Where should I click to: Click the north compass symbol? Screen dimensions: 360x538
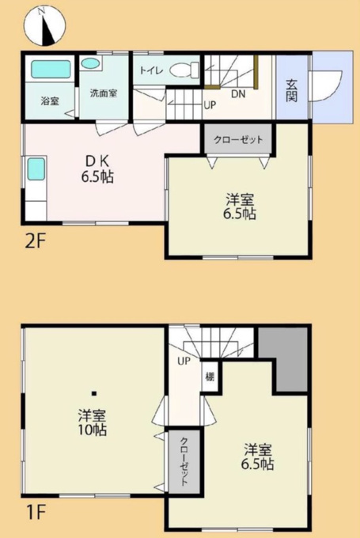[44, 26]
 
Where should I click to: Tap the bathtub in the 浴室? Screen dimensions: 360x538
[51, 70]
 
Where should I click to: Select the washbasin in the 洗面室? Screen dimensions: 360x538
[90, 63]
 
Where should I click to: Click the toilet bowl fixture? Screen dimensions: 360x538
[184, 70]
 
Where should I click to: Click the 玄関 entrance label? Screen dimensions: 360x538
[291, 90]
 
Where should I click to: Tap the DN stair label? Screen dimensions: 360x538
[238, 94]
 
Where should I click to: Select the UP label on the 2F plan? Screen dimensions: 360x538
[210, 105]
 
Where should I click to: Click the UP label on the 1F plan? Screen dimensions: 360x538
[184, 361]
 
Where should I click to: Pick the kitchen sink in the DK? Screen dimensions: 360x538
[36, 169]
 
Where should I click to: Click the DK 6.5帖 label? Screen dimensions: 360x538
[98, 169]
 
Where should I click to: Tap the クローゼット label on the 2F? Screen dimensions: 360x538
[238, 140]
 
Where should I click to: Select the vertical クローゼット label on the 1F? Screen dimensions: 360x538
[184, 461]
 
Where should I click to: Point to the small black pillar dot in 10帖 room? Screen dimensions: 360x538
[94, 393]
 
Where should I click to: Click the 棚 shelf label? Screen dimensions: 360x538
[210, 377]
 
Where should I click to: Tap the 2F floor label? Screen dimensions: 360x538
[36, 242]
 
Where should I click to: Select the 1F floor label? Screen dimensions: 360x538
[36, 513]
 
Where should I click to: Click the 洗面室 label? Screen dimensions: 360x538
[104, 93]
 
